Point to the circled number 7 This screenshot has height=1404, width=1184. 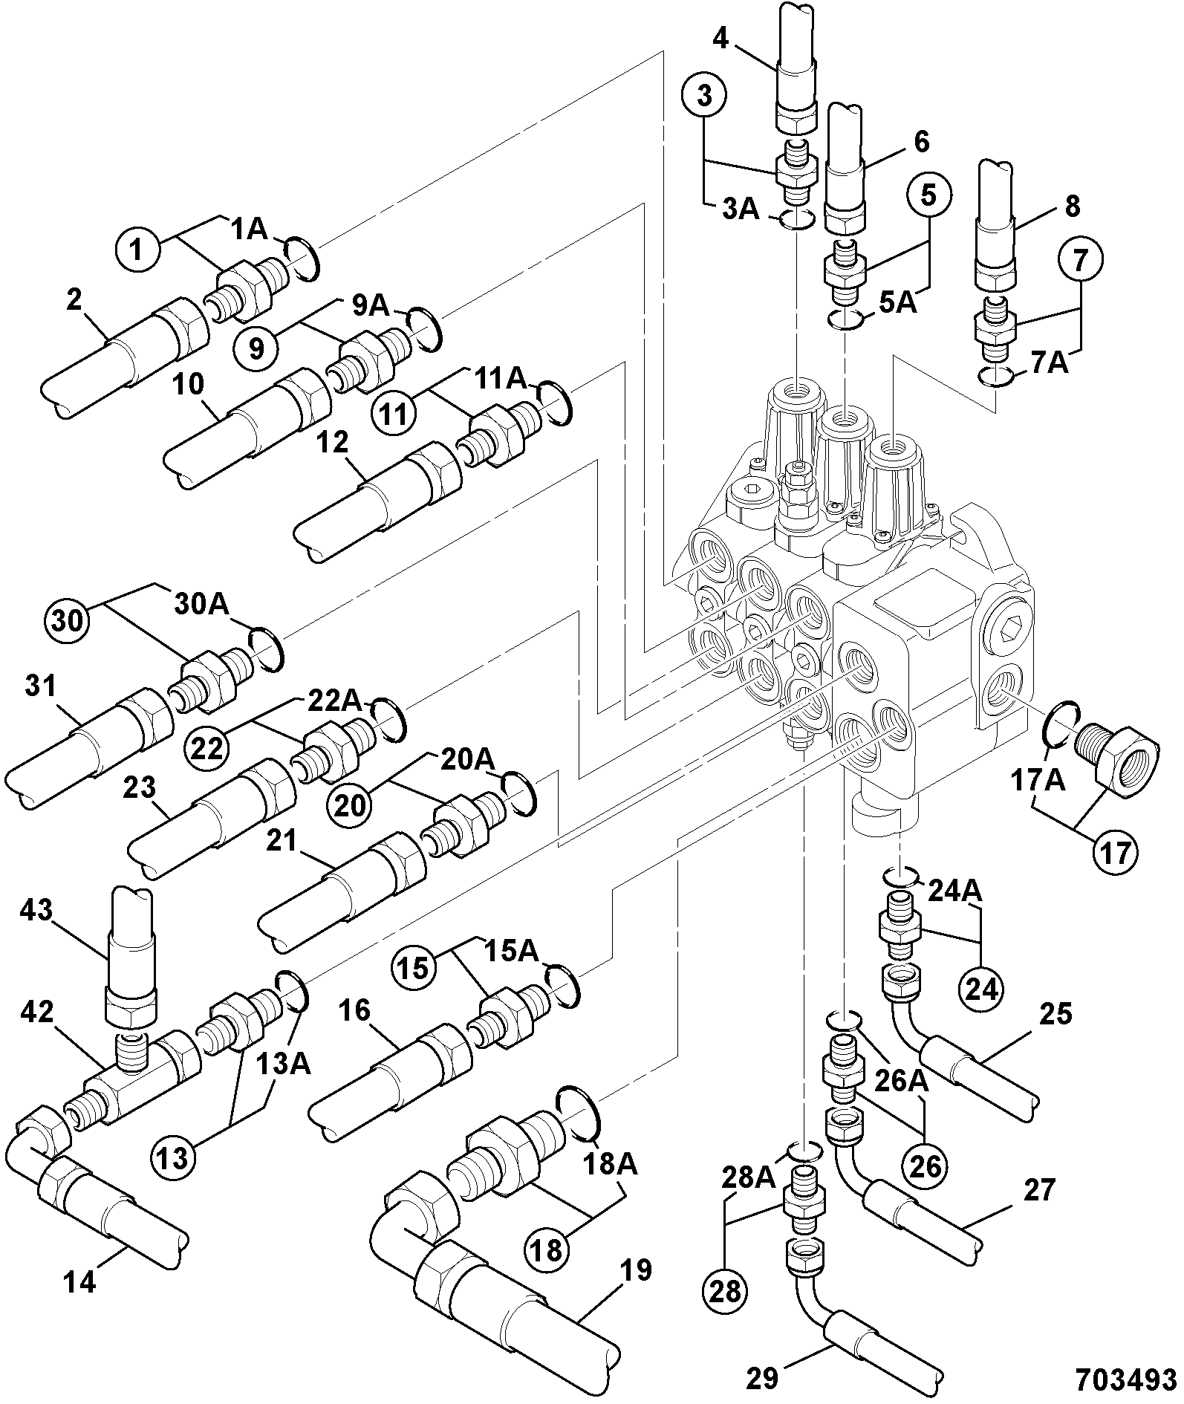coord(1080,259)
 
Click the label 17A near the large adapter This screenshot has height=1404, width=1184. coord(1037,781)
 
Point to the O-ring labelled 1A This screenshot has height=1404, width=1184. coord(301,260)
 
